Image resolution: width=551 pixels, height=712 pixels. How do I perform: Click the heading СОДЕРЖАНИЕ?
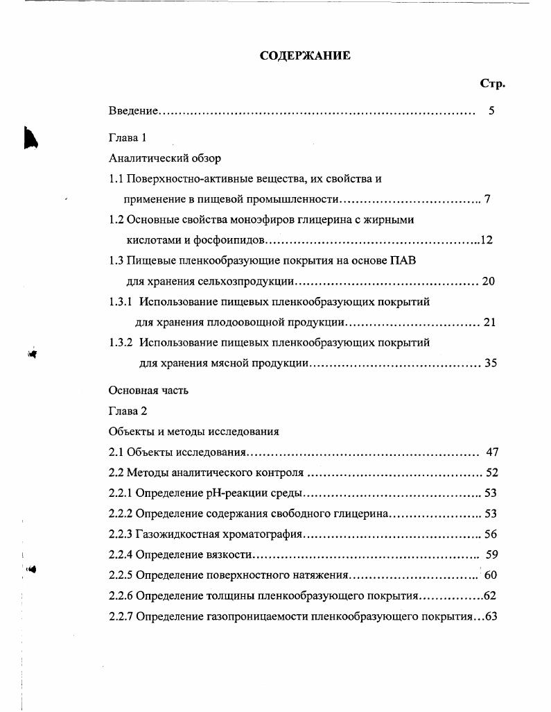click(305, 56)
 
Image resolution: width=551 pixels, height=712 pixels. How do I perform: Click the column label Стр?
click(492, 84)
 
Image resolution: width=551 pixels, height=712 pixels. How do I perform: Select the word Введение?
click(134, 111)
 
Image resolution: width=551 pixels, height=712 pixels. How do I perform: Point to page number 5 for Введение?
click(491, 111)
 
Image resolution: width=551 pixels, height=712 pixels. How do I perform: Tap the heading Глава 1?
click(128, 137)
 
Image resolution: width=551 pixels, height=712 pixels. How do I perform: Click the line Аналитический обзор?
click(165, 158)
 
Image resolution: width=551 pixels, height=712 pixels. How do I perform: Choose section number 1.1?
click(116, 179)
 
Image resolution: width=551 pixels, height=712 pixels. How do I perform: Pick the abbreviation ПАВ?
click(401, 261)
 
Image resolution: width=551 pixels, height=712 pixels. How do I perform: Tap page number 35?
click(490, 363)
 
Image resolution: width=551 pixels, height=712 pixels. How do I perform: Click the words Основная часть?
click(148, 390)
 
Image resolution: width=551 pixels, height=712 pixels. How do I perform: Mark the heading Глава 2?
click(128, 411)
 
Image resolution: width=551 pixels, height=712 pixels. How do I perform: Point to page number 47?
click(492, 452)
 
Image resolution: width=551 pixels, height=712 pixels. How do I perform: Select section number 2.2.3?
click(121, 534)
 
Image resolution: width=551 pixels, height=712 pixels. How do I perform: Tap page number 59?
click(492, 554)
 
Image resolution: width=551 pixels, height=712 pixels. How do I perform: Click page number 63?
click(491, 616)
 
